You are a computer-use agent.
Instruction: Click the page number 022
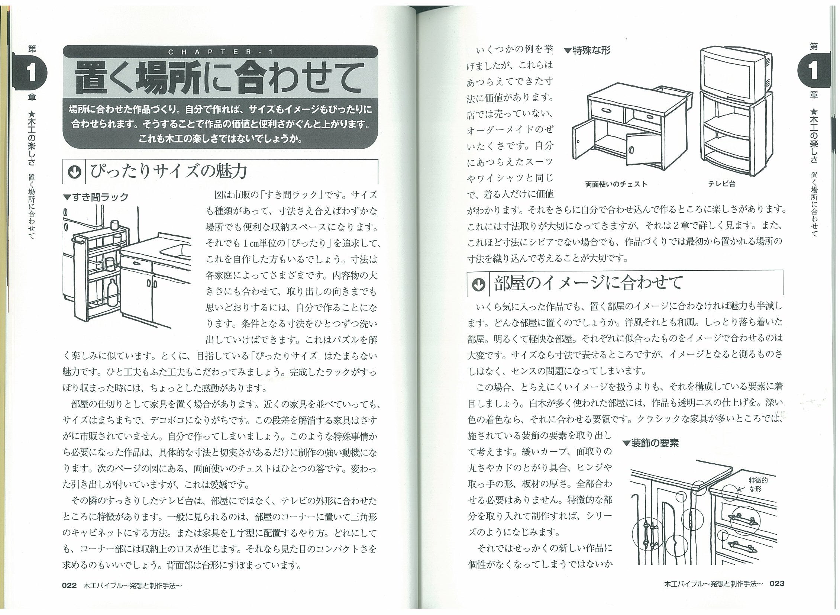69,585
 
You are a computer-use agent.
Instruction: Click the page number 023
777,583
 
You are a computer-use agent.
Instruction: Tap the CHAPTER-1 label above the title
221,52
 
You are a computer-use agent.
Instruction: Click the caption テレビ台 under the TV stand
721,184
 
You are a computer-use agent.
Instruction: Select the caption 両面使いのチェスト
616,184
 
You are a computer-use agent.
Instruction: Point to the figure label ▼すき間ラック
96,197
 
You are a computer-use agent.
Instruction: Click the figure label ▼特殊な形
587,50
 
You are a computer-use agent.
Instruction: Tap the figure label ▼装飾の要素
650,443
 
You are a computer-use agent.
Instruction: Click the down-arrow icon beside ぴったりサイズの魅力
74,172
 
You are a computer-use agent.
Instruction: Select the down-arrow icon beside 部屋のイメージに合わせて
478,285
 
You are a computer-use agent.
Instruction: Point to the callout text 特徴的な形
758,485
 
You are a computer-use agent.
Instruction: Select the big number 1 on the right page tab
813,70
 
